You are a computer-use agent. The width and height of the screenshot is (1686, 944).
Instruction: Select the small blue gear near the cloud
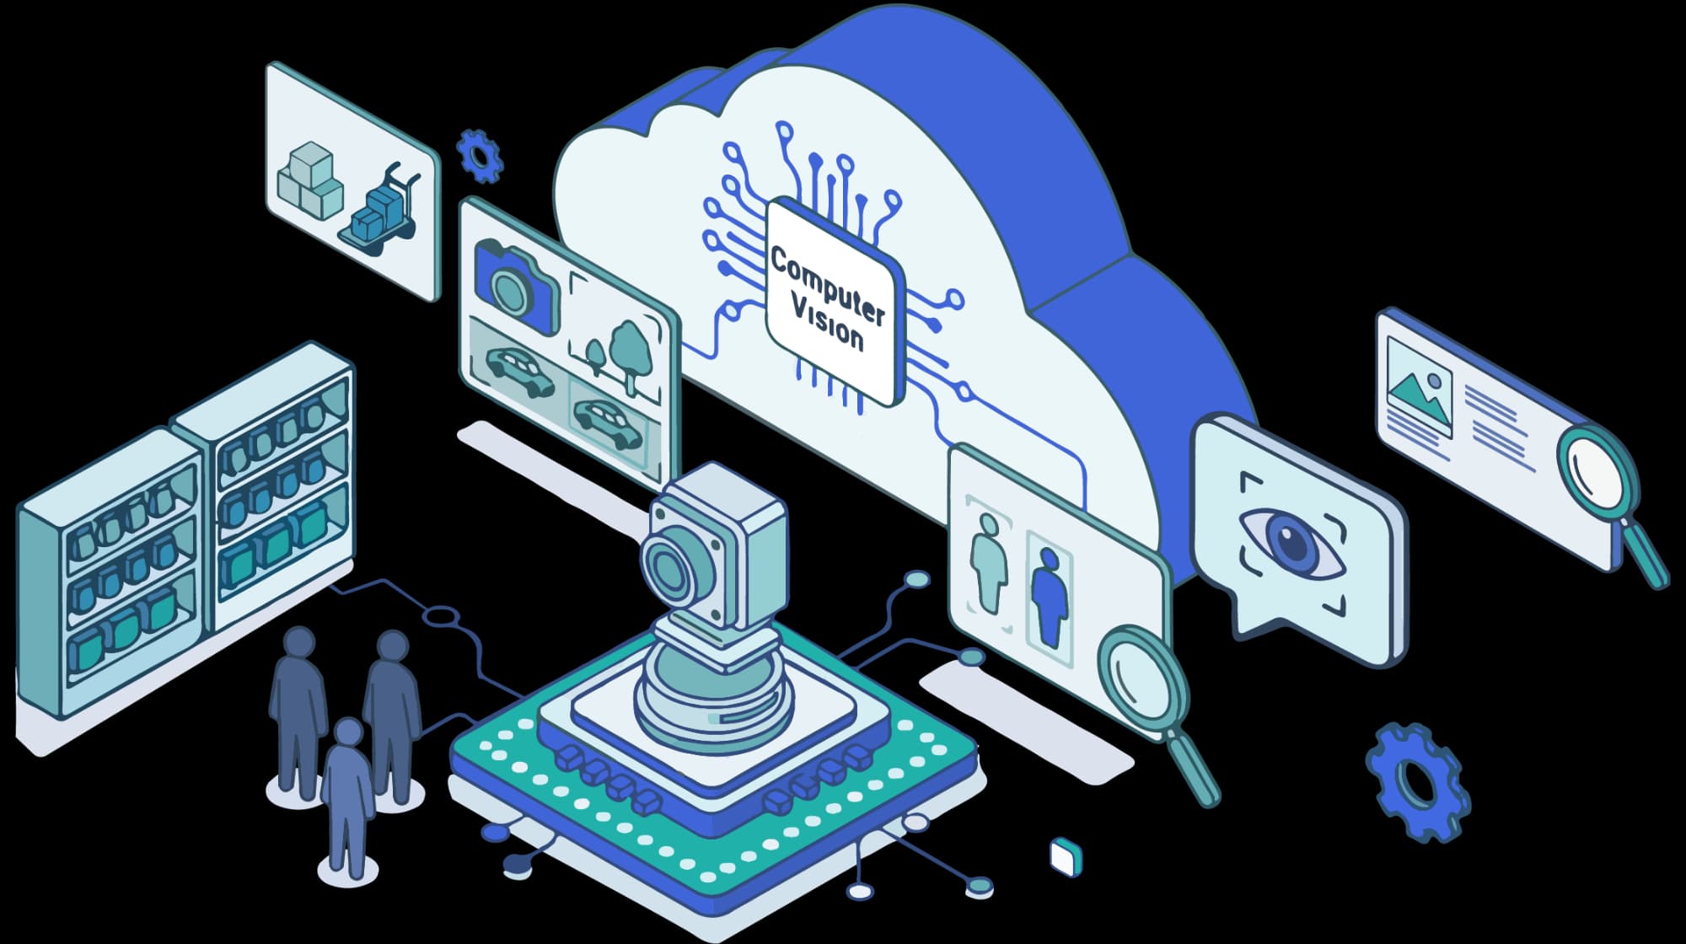click(x=480, y=156)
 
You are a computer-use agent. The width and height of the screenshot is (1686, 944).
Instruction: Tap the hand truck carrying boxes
click(x=379, y=211)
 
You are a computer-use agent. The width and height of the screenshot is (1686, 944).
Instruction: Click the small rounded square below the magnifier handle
click(x=1066, y=857)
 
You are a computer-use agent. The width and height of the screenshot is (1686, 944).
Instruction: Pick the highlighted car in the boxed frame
click(x=607, y=421)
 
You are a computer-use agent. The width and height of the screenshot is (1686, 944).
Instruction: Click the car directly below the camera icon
click(x=520, y=371)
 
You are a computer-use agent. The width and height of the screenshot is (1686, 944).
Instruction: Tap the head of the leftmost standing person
click(x=298, y=642)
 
